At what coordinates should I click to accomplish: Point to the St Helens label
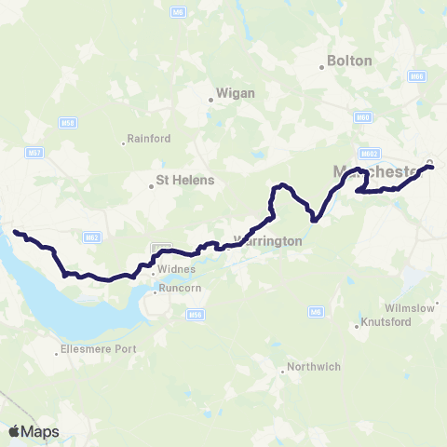[x=185, y=180]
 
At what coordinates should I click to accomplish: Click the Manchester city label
[x=377, y=171]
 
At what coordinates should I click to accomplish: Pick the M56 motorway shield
[x=196, y=316]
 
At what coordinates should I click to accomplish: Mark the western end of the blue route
[x=14, y=230]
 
